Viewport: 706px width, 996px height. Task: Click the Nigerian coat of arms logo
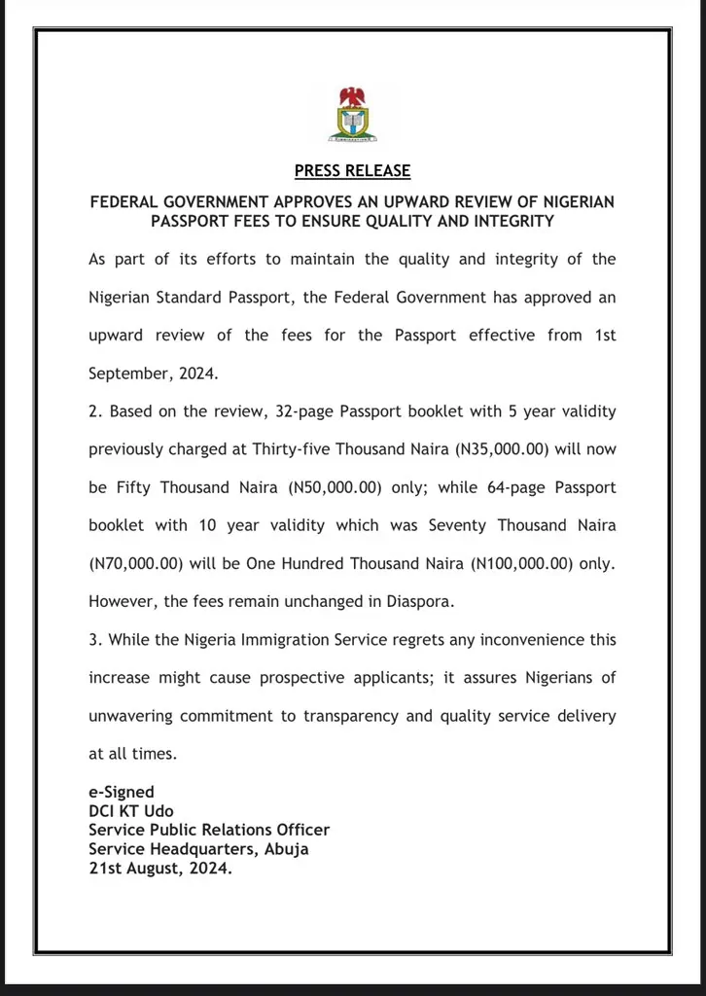(353, 116)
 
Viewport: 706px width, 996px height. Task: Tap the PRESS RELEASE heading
(352, 171)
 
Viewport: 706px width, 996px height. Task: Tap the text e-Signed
(122, 793)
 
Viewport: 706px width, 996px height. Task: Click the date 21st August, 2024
(160, 868)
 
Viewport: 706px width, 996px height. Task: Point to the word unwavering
(130, 716)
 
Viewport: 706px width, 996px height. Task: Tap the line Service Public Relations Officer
(209, 830)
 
